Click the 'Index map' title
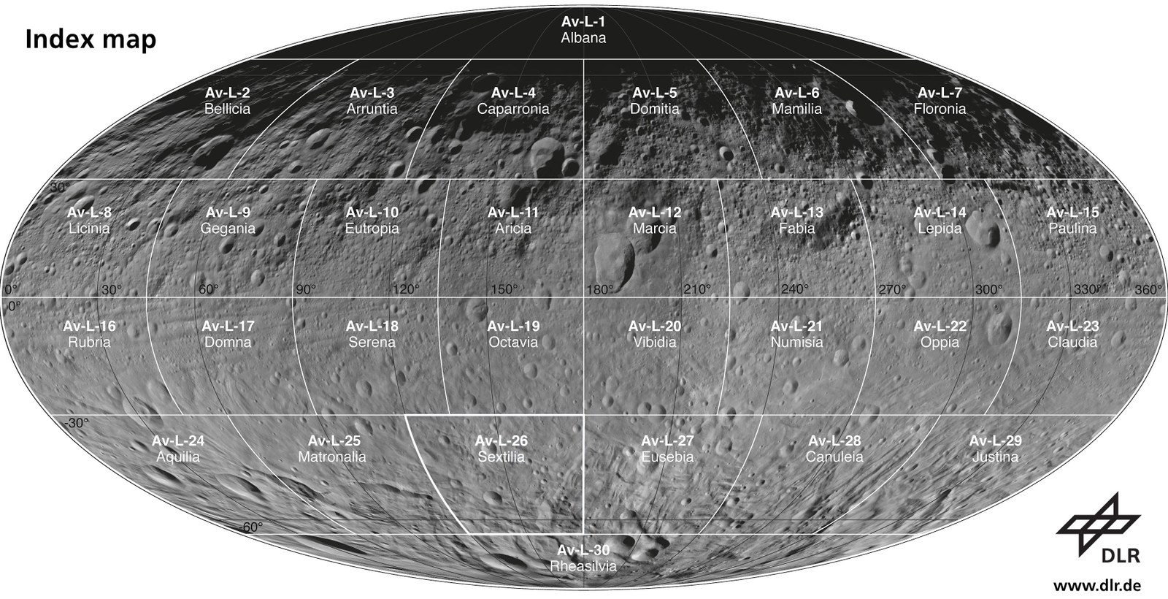91,39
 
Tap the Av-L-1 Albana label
583,29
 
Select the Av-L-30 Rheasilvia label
583,558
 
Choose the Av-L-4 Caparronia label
513,101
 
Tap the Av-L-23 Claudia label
1072,334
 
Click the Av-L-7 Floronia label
940,101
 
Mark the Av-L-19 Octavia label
513,334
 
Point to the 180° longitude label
600,289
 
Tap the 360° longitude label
1148,289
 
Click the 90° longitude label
306,289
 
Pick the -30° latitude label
75,423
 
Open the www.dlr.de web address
1097,585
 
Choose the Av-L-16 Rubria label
89,334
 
